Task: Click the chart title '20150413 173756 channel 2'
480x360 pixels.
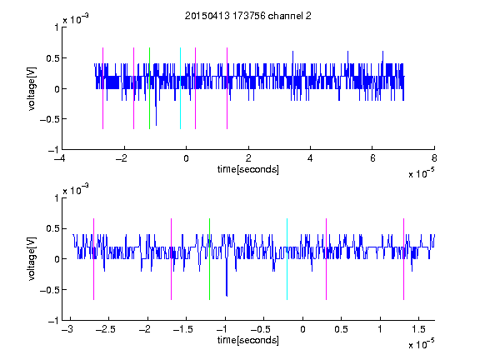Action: (248, 16)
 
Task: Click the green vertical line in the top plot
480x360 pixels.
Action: (149, 88)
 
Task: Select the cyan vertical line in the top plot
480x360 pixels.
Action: (180, 88)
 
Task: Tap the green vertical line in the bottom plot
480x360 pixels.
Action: (209, 259)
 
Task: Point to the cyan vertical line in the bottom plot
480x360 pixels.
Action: (287, 259)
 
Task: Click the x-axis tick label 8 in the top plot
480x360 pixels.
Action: (434, 158)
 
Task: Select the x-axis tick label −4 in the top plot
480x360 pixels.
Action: (60, 158)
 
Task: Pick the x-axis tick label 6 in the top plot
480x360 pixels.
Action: (372, 158)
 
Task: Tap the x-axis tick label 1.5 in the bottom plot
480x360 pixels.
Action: (418, 329)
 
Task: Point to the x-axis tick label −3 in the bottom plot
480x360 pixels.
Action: (67, 329)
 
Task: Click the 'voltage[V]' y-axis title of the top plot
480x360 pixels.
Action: (32, 88)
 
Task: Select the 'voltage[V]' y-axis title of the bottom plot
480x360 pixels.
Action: (32, 259)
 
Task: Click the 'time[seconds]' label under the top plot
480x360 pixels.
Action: (248, 169)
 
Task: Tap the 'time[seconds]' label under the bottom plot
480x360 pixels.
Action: (248, 340)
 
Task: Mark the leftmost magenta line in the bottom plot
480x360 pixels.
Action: (93, 259)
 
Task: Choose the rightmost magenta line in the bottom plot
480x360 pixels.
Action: (403, 259)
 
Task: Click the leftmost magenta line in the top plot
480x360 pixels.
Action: (102, 88)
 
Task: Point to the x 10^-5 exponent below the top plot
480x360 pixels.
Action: (421, 173)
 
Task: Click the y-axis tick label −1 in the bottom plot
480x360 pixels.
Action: (53, 321)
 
